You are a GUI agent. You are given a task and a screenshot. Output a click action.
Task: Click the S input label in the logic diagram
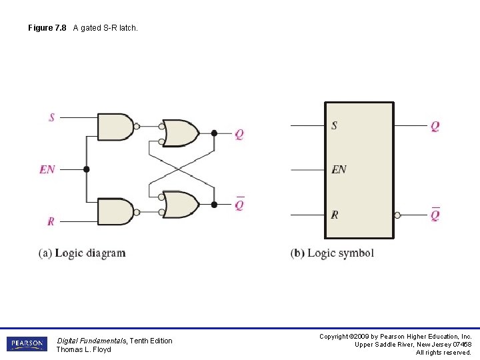(51, 118)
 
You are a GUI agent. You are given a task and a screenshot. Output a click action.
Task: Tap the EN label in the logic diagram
(47, 169)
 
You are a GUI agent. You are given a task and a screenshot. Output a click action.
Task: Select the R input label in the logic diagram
(51, 221)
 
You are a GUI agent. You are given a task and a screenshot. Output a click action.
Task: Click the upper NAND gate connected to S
(115, 127)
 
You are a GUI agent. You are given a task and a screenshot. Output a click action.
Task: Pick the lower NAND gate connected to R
(115, 211)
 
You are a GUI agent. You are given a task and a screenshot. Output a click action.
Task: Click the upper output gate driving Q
(180, 133)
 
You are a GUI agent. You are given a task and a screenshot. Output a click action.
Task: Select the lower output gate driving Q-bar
(180, 205)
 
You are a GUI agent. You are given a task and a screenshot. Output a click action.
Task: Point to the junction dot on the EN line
(86, 169)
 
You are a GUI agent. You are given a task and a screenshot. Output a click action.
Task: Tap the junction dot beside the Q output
(214, 133)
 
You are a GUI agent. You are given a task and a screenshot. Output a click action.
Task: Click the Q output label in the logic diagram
(239, 134)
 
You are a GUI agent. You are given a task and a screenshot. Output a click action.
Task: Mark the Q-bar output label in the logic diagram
(239, 205)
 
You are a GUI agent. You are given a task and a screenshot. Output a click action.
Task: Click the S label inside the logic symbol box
(334, 125)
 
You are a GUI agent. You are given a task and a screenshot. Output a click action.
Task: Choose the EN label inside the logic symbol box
(339, 169)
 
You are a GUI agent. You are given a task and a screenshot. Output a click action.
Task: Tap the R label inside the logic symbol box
(334, 215)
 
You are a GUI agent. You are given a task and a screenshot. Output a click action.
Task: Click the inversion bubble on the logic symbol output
(397, 215)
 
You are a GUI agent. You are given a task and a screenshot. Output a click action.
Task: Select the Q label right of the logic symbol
(435, 126)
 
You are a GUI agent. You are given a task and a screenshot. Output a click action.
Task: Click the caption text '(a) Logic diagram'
(82, 253)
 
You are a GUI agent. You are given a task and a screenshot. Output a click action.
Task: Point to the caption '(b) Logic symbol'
(332, 253)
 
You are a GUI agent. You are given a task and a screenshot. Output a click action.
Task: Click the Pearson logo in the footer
(27, 344)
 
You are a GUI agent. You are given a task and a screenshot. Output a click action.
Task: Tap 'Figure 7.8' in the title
(47, 28)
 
